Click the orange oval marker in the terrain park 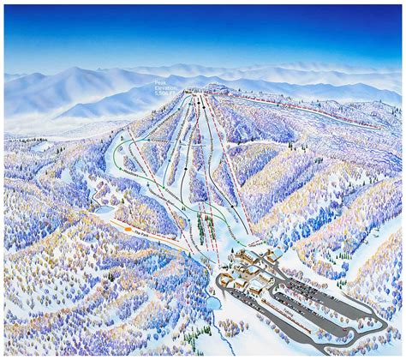coord(128,229)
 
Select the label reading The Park coord(155,234)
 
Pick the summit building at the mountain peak coord(214,87)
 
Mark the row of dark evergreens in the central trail coord(203,227)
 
